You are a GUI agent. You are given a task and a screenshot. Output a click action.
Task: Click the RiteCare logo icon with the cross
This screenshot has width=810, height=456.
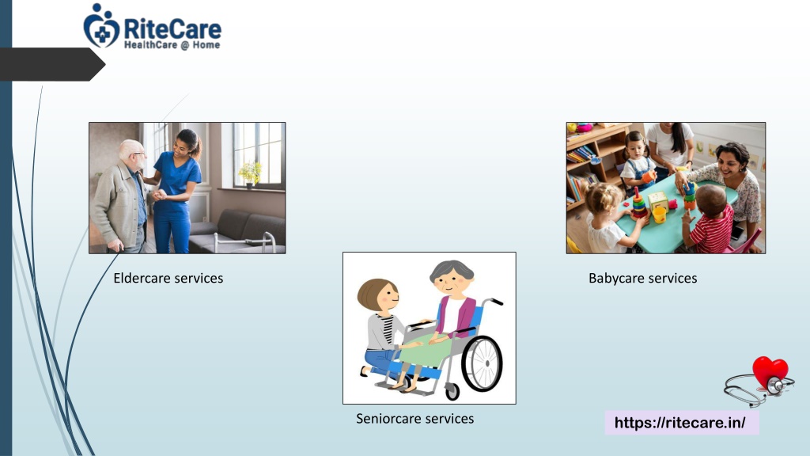pos(101,26)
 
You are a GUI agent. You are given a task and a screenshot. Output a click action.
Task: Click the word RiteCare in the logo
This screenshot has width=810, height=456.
pos(172,28)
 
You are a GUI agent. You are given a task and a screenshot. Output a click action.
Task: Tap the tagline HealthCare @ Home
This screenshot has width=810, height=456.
pos(172,45)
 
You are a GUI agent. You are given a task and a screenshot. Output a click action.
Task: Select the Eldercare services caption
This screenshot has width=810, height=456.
pos(168,278)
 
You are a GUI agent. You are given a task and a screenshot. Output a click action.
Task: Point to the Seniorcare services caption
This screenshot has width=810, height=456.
pos(414,418)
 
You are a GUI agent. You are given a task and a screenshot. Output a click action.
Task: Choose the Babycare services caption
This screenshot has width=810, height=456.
pos(642,278)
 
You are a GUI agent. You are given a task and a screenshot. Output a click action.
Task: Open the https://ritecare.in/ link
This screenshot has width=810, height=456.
pos(679,423)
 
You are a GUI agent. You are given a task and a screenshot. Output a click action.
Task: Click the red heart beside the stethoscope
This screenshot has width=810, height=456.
pos(770,372)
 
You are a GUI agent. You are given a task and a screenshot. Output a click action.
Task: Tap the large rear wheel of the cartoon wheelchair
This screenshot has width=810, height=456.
pos(482,363)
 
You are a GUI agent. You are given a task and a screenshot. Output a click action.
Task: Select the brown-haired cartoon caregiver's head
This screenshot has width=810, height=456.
pos(378,296)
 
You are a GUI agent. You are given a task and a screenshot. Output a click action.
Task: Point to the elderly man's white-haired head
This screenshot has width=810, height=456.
pos(133,154)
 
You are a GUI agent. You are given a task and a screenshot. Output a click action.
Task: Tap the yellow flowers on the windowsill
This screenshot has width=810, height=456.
pos(251,173)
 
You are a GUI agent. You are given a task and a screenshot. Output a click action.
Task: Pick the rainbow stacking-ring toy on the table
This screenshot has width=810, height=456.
pos(639,204)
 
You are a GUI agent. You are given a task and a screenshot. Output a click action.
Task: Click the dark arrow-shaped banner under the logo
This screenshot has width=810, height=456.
pos(52,64)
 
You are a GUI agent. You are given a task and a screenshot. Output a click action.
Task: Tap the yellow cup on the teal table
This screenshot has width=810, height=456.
pos(659,214)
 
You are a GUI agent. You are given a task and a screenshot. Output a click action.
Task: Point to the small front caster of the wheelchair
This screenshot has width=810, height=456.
pos(452,391)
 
